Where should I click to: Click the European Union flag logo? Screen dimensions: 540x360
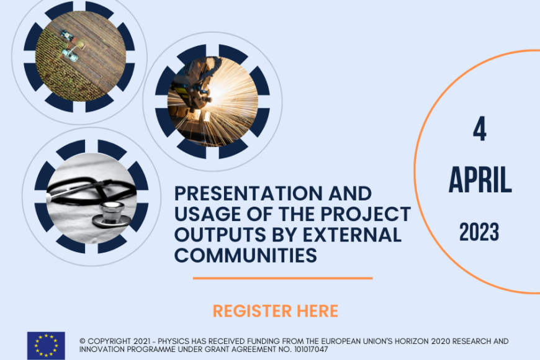tap(46, 346)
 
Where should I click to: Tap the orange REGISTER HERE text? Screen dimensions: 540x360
tap(276, 311)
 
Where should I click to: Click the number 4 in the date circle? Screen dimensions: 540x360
tap(480, 129)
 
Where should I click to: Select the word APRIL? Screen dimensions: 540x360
tap(480, 180)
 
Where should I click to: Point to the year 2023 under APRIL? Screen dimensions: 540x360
tap(479, 232)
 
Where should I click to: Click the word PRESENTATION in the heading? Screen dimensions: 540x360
tap(249, 193)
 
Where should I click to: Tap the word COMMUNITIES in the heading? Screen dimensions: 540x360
tap(246, 255)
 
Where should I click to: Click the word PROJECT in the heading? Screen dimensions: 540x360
tap(366, 214)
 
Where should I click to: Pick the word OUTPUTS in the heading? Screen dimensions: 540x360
tap(220, 235)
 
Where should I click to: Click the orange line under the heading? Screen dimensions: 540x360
tap(283, 278)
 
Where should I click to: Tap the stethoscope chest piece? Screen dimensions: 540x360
tap(111, 215)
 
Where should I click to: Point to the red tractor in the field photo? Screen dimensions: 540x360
tap(67, 35)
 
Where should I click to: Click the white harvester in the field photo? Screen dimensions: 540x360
tap(70, 54)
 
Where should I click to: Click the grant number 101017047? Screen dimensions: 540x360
tap(312, 349)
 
